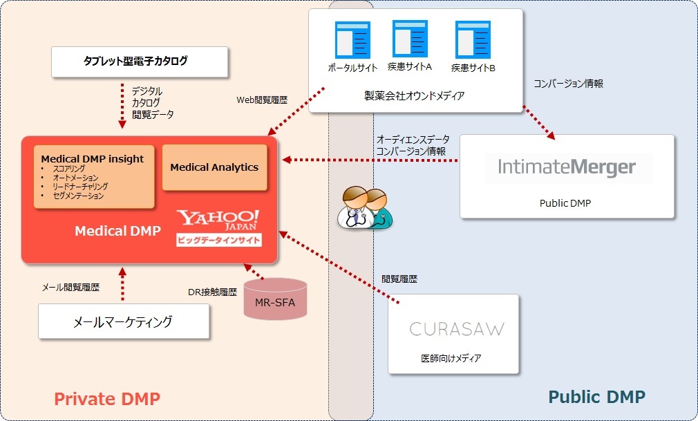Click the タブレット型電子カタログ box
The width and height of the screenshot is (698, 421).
tap(140, 62)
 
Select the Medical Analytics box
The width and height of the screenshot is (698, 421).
tap(214, 167)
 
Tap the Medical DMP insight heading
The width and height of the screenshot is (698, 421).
tap(93, 159)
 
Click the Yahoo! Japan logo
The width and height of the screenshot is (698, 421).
tap(218, 221)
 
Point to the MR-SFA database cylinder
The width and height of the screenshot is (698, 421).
tap(275, 299)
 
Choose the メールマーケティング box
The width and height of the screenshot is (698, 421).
tap(124, 321)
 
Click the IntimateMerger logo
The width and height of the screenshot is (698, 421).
tap(567, 167)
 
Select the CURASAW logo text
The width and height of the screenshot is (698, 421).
tap(457, 329)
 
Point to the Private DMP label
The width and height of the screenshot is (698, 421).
tap(107, 398)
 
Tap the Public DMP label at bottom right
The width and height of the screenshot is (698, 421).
tap(596, 397)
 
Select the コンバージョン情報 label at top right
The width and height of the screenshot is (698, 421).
tap(568, 84)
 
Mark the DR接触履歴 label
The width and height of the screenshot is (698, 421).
tap(213, 292)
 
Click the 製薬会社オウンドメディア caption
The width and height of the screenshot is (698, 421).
tap(415, 96)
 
